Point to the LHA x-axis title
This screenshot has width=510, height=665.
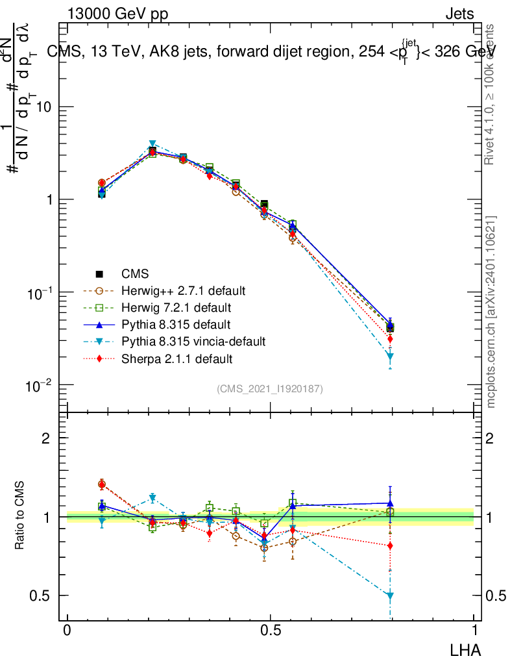[466, 649]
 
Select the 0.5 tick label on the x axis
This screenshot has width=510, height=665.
[271, 631]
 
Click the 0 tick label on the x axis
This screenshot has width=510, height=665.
[67, 631]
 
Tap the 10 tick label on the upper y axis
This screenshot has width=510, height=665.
[44, 107]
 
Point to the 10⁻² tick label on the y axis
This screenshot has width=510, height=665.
[40, 386]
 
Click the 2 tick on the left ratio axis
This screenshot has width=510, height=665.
[46, 438]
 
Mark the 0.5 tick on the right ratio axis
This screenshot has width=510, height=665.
[498, 596]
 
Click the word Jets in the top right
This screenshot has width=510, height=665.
[459, 14]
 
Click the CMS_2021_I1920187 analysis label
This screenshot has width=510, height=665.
[270, 388]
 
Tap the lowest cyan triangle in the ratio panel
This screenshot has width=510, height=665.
[390, 596]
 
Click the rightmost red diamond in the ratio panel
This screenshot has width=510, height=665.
[390, 546]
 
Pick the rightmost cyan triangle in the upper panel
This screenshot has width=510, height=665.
[390, 357]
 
